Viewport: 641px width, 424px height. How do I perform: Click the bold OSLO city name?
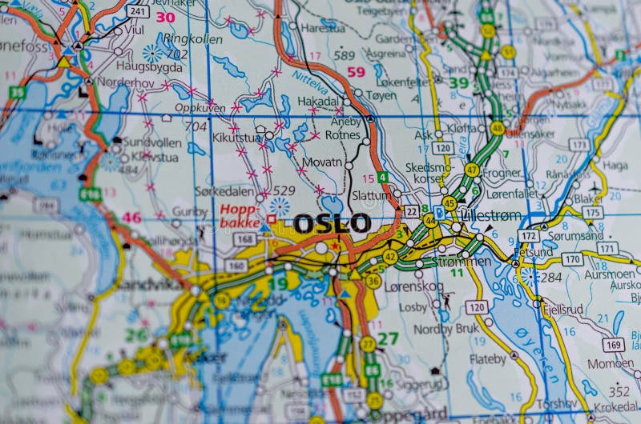coord(332,223)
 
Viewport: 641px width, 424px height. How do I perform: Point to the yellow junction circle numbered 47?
coord(472,170)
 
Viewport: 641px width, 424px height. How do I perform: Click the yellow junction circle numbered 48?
coord(498,128)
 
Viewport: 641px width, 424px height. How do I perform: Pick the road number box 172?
coord(527,237)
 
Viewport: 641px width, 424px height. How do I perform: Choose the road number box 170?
coord(571,259)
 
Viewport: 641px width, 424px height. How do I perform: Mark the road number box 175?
coord(593,212)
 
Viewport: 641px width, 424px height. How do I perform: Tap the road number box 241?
coord(138,11)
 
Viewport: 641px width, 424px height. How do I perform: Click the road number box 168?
coord(245,240)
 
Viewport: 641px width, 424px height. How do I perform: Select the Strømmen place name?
coord(462,262)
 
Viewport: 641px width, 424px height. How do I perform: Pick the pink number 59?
coord(356,72)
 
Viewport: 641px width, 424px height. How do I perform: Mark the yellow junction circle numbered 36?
coord(373,281)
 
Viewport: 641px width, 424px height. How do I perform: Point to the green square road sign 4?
coord(384,177)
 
